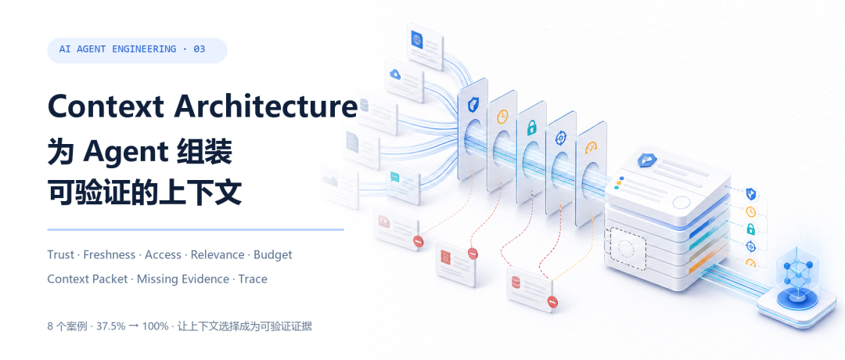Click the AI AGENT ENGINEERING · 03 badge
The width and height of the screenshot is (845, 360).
[x=137, y=50]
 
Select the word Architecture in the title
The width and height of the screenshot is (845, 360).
[x=265, y=106]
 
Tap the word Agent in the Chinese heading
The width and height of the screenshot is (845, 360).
[x=125, y=152]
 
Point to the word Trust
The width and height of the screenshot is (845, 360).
[x=60, y=254]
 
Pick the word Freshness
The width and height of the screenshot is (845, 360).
[x=110, y=254]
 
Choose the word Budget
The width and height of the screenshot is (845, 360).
[x=273, y=255]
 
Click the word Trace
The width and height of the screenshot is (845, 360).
[x=253, y=279]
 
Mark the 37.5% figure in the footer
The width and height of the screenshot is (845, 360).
[x=111, y=326]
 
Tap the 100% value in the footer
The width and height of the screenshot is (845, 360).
[x=155, y=326]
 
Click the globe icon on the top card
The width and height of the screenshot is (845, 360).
[x=417, y=39]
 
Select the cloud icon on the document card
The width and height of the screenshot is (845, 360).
[x=396, y=74]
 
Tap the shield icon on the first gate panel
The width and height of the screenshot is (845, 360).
[x=473, y=105]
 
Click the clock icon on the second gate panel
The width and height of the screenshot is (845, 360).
[x=502, y=116]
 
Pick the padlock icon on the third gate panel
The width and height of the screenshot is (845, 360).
[x=531, y=128]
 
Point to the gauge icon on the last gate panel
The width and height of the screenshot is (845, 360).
[x=591, y=147]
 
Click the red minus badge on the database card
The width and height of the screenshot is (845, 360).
[x=552, y=301]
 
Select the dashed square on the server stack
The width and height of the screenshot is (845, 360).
[x=627, y=248]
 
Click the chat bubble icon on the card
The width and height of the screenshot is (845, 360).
[x=396, y=176]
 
